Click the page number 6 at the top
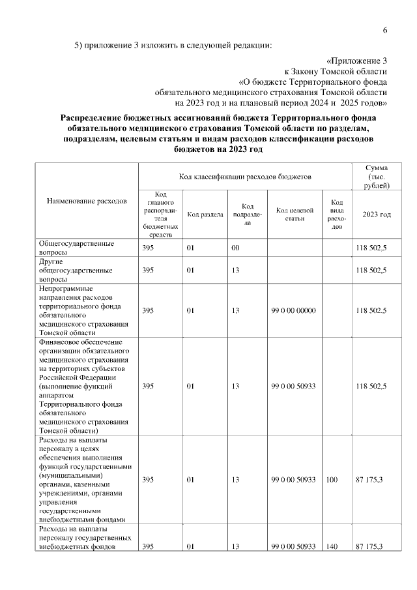pos(385,31)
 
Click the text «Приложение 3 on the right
pos(357,59)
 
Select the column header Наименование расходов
pos(87,201)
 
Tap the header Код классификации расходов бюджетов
pos(245,176)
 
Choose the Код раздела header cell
pos(205,214)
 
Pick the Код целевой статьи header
pos(295,214)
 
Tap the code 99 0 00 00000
pos(293,310)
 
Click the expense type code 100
pos(332,480)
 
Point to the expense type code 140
pos(332,546)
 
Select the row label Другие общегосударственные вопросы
pos(76,270)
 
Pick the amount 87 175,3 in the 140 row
pos(369,546)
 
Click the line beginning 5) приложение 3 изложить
pos(172,45)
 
